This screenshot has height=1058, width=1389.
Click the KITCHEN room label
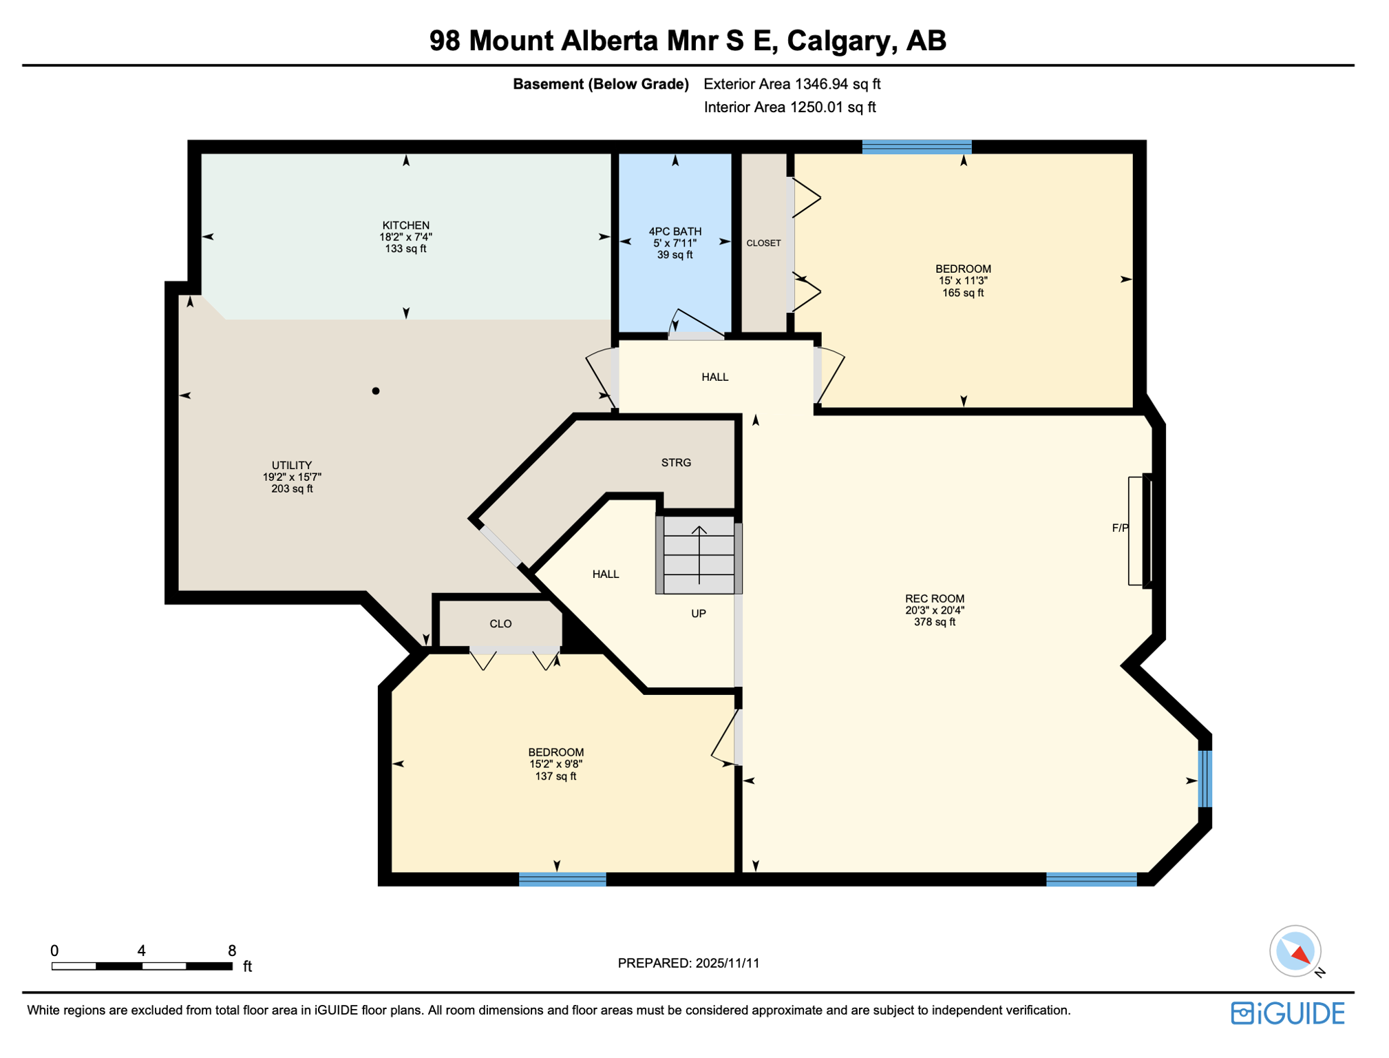[x=405, y=225]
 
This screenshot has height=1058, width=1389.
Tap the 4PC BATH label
[x=675, y=231]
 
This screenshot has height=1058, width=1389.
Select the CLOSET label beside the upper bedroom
[x=763, y=243]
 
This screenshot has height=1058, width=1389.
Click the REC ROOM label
[x=934, y=599]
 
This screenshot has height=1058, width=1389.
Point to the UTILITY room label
[x=291, y=465]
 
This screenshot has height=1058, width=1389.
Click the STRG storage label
[x=675, y=462]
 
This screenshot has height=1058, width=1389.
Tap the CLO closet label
[x=500, y=623]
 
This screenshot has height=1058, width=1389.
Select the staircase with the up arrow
[x=699, y=554]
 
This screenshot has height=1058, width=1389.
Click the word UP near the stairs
[x=698, y=613]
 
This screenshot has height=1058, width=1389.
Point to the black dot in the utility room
[x=375, y=391]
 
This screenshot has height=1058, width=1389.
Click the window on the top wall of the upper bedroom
[x=916, y=146]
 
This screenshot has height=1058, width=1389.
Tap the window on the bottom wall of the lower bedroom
[x=562, y=879]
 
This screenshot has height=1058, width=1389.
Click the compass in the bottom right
[x=1295, y=951]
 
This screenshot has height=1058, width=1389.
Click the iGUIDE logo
[x=1287, y=1013]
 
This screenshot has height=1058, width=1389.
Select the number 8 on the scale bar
[x=232, y=951]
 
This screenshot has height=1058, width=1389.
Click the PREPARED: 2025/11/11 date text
[x=688, y=963]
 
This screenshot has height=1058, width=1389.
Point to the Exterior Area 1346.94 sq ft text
[x=792, y=84]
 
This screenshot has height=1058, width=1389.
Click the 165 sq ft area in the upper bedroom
[x=962, y=293]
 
